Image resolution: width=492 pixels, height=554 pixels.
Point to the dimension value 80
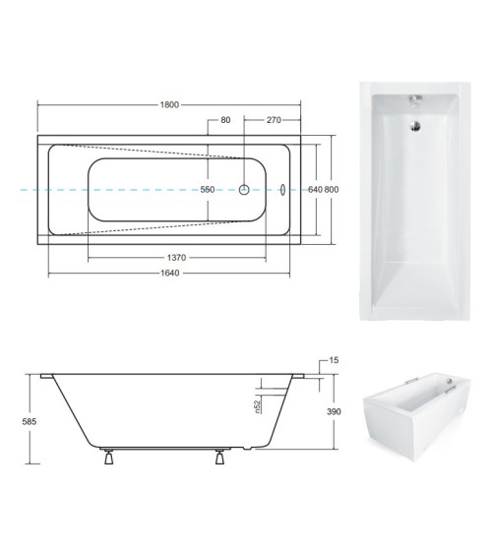225,120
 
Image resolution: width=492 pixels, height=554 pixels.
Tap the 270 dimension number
275,120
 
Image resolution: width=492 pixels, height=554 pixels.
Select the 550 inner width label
208,189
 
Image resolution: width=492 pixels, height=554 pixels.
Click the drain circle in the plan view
245,189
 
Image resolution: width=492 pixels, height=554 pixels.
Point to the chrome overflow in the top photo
415,100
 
